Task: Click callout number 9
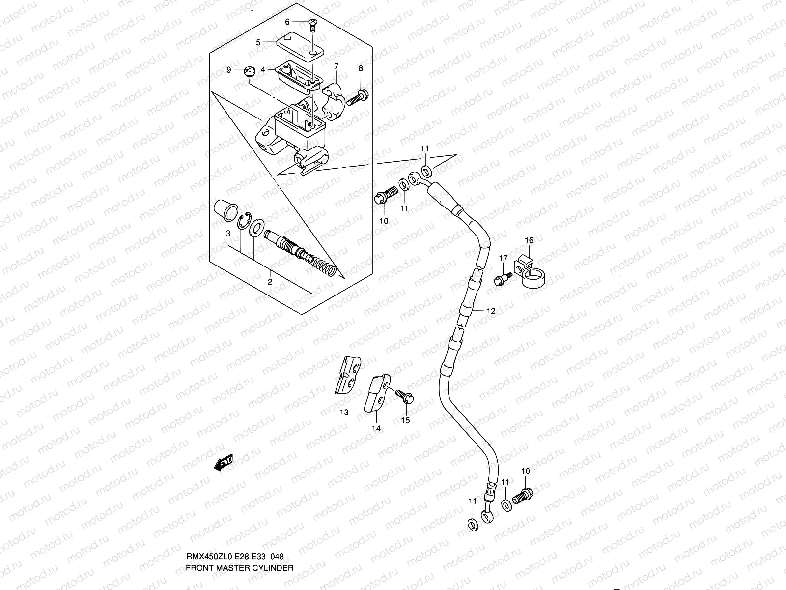(x=228, y=70)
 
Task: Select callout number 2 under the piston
(x=270, y=282)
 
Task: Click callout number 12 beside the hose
(x=491, y=311)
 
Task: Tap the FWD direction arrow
(x=223, y=463)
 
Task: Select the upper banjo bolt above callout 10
(x=386, y=195)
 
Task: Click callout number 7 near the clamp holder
(x=336, y=66)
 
